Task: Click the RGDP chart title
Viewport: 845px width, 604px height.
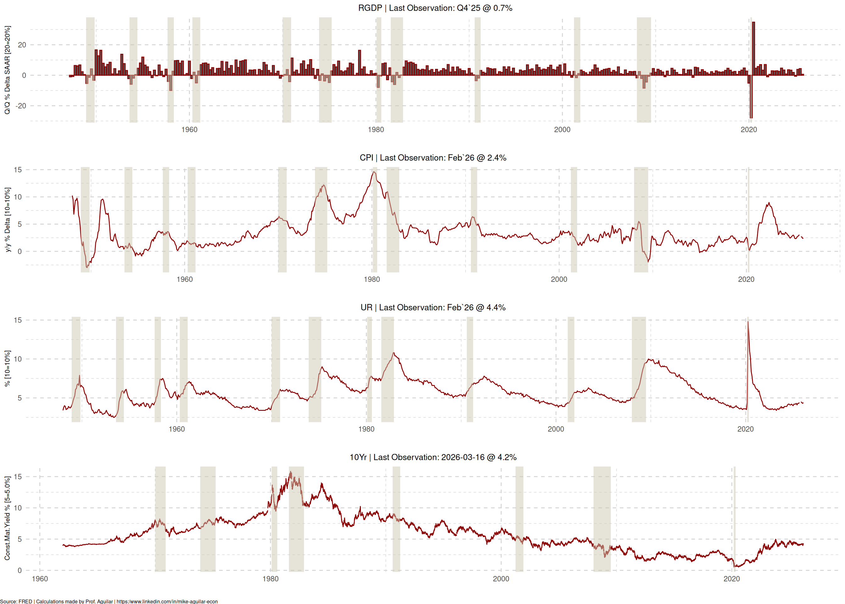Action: (x=435, y=8)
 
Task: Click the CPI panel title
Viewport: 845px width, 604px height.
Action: (x=433, y=158)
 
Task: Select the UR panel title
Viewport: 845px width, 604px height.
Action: (x=433, y=308)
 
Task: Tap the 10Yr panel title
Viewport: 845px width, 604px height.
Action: (x=433, y=457)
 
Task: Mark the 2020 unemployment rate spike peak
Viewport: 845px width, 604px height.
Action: (x=748, y=322)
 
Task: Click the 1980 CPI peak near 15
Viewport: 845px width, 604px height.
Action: (x=374, y=172)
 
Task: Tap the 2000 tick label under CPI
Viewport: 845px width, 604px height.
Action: (x=559, y=279)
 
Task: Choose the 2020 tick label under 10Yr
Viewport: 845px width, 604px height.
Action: (x=731, y=579)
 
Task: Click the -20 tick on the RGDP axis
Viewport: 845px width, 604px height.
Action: (x=21, y=106)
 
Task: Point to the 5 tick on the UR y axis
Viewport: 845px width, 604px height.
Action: (x=20, y=398)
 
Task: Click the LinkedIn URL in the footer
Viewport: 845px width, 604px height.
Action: (x=167, y=601)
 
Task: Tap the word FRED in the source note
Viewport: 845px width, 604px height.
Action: (x=25, y=601)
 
